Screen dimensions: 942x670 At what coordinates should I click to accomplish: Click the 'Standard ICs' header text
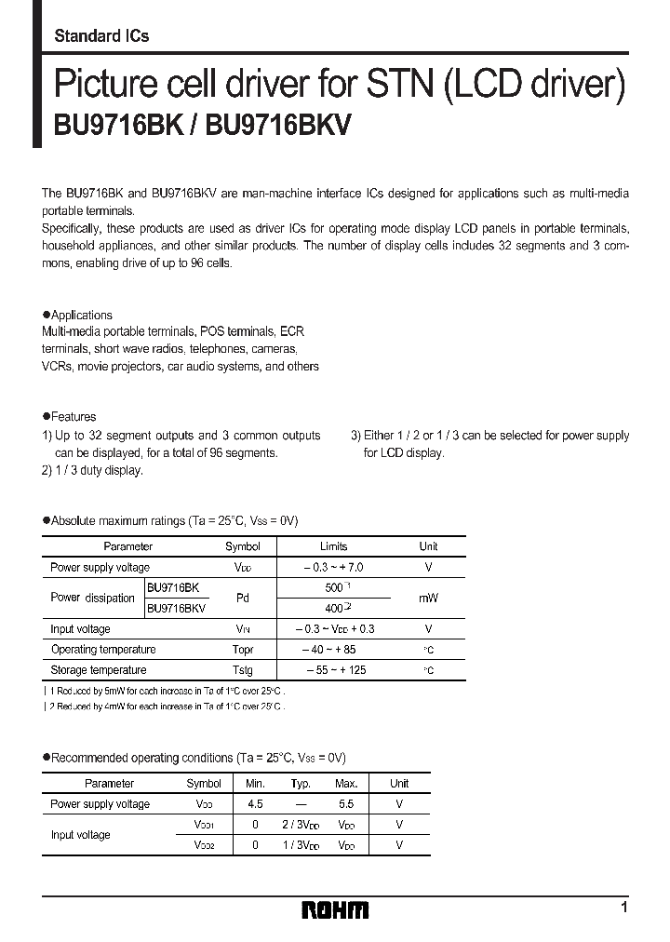pyautogui.click(x=101, y=36)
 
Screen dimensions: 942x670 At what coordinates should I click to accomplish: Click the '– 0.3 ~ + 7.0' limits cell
pyautogui.click(x=333, y=568)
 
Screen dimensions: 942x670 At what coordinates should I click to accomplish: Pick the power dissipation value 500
pyautogui.click(x=331, y=588)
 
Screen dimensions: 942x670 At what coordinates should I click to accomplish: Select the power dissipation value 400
pyautogui.click(x=331, y=609)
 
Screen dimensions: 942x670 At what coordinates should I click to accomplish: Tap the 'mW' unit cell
pyautogui.click(x=428, y=599)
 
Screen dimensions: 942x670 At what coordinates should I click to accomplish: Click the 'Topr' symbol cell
pyautogui.click(x=243, y=650)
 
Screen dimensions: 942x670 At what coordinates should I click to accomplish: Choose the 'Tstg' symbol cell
pyautogui.click(x=243, y=670)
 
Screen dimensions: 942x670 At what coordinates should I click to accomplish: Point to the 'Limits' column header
pyautogui.click(x=333, y=547)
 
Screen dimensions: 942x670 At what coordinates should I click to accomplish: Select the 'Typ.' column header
pyautogui.click(x=301, y=784)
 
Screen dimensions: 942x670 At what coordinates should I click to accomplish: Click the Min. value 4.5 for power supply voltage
pyautogui.click(x=255, y=804)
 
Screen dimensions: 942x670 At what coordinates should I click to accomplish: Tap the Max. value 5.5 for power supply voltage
pyautogui.click(x=346, y=804)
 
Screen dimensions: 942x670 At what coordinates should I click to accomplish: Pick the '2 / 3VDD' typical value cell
pyautogui.click(x=301, y=825)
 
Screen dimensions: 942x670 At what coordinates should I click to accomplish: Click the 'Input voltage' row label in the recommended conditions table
pyautogui.click(x=80, y=835)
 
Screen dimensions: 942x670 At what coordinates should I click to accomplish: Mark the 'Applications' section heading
pyautogui.click(x=81, y=316)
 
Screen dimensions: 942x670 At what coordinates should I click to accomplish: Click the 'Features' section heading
pyautogui.click(x=74, y=417)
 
